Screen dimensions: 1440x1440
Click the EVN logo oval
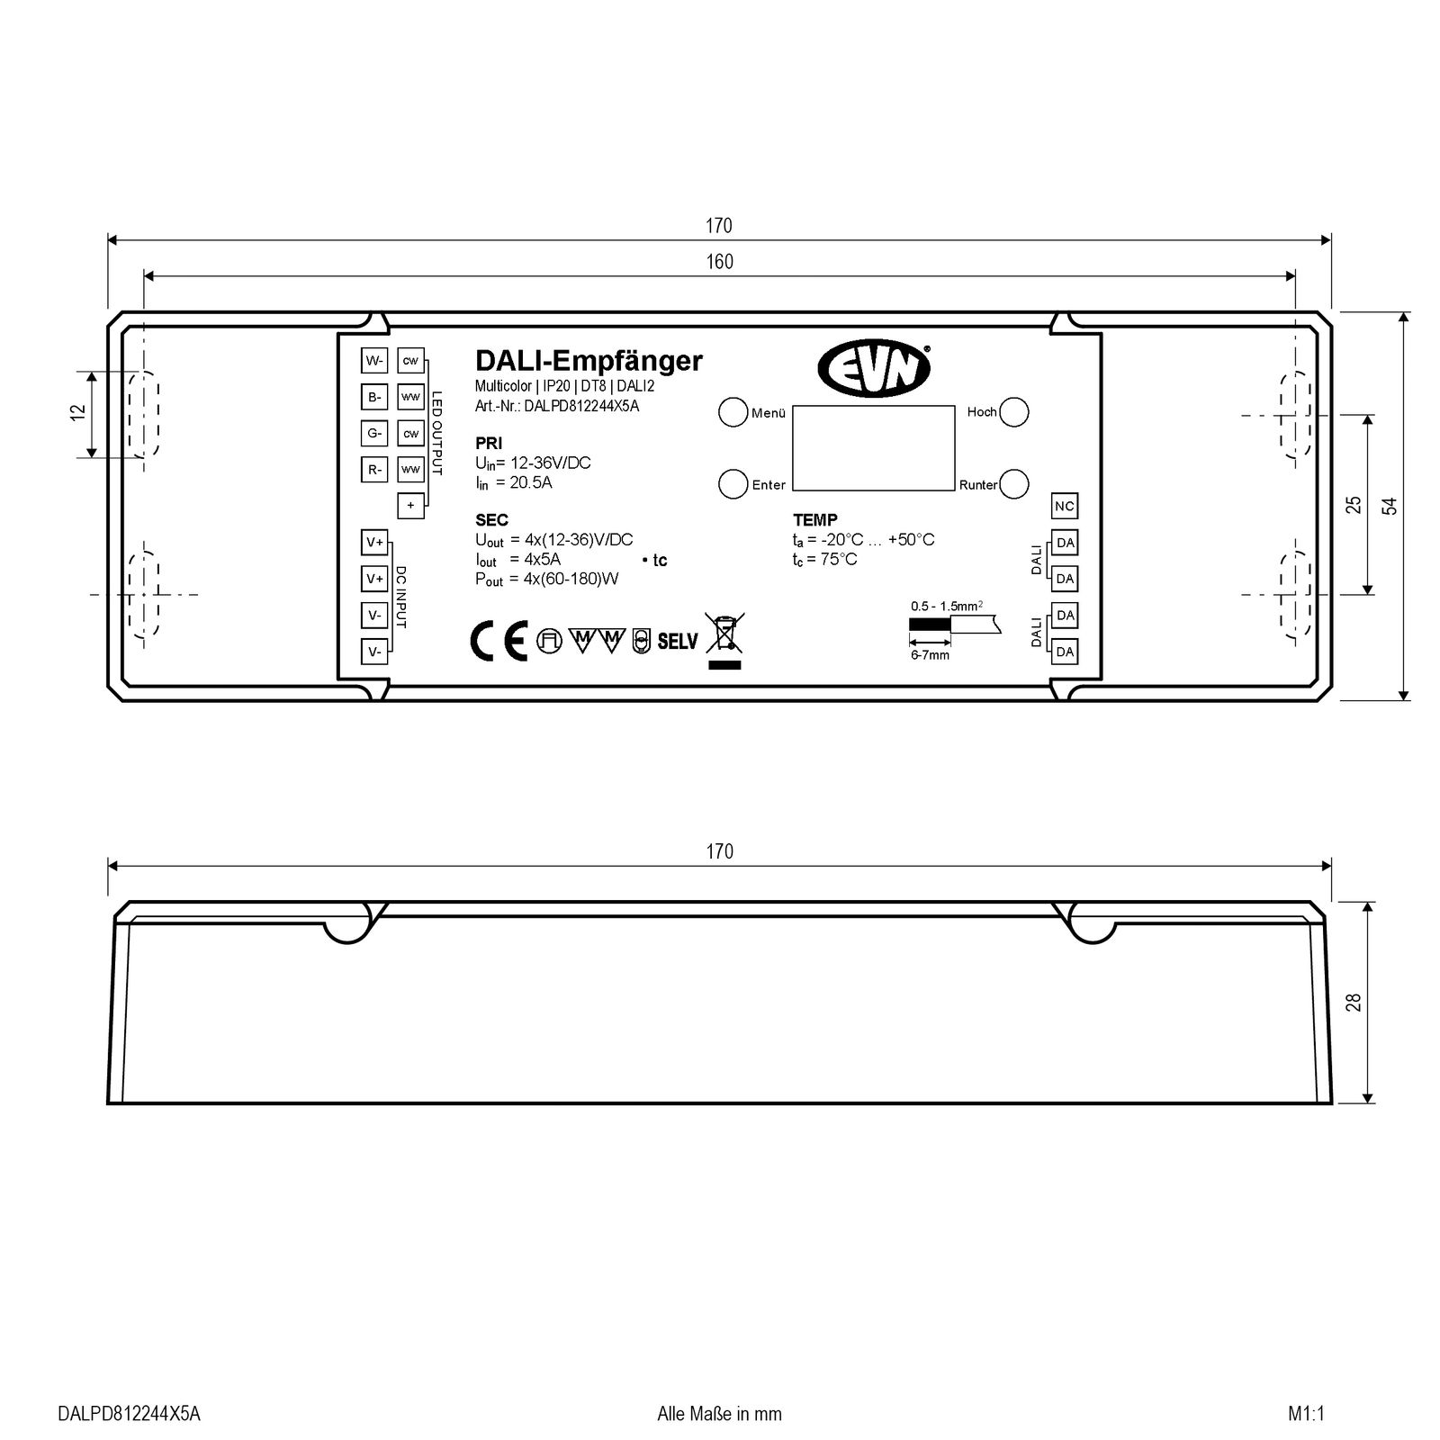873,369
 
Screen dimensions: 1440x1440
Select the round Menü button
733,411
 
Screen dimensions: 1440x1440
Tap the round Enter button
733,483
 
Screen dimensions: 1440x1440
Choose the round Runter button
1014,483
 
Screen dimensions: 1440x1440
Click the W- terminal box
374,361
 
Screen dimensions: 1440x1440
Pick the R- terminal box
374,469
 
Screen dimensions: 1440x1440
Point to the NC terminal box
1065,506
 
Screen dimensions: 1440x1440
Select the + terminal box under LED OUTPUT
410,505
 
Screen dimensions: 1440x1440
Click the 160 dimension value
719,262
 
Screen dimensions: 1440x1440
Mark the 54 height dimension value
1390,506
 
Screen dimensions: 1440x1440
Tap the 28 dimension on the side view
1353,1002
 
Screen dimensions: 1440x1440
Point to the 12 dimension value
78,412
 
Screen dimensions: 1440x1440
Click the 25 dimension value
1354,505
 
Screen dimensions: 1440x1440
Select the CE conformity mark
499,641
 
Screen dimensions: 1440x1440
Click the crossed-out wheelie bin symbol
724,634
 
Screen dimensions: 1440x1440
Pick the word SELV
678,642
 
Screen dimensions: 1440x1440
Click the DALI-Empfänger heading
589,361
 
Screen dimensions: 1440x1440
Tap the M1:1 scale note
1307,1414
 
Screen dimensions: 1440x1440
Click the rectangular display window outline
873,447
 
